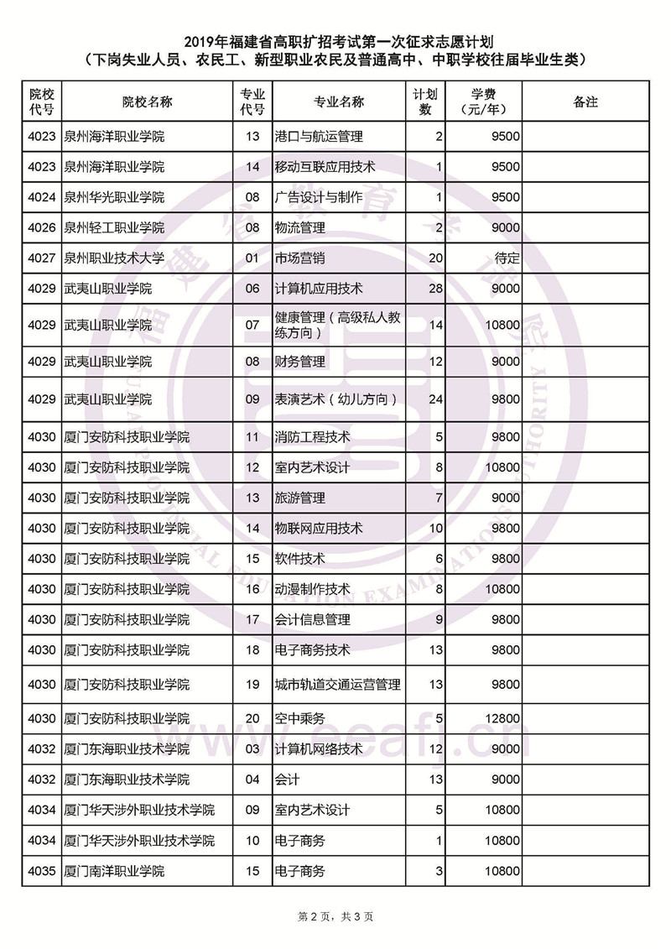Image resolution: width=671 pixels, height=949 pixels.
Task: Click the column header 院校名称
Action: point(147,102)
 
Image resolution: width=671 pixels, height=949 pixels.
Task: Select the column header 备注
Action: point(585,102)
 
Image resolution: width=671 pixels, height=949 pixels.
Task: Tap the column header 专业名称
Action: point(339,102)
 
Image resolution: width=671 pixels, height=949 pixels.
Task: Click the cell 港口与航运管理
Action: point(319,136)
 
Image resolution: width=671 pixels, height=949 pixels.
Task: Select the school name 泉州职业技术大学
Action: point(114,258)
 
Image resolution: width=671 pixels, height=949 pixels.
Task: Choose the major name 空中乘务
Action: point(299,718)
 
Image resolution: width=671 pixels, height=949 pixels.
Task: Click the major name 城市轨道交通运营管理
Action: point(337,685)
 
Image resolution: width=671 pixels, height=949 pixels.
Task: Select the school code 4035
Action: point(41,871)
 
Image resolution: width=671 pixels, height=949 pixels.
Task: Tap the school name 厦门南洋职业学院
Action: point(114,871)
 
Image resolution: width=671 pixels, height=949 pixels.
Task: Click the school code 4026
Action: point(41,227)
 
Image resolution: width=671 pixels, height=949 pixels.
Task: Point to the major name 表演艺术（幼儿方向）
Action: point(335,399)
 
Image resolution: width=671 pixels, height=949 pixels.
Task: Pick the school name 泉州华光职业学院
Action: point(114,197)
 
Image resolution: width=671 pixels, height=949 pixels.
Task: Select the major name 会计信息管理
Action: point(312,619)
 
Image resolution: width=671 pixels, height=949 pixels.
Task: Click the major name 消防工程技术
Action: point(312,436)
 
